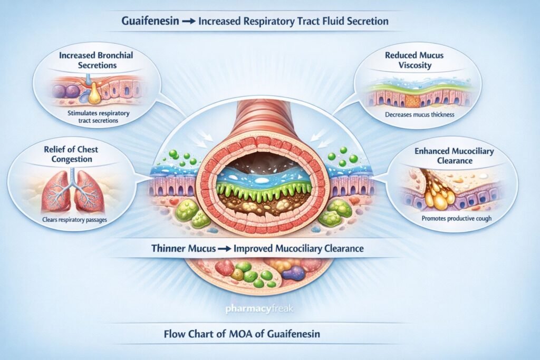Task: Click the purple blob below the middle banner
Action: (294, 273)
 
